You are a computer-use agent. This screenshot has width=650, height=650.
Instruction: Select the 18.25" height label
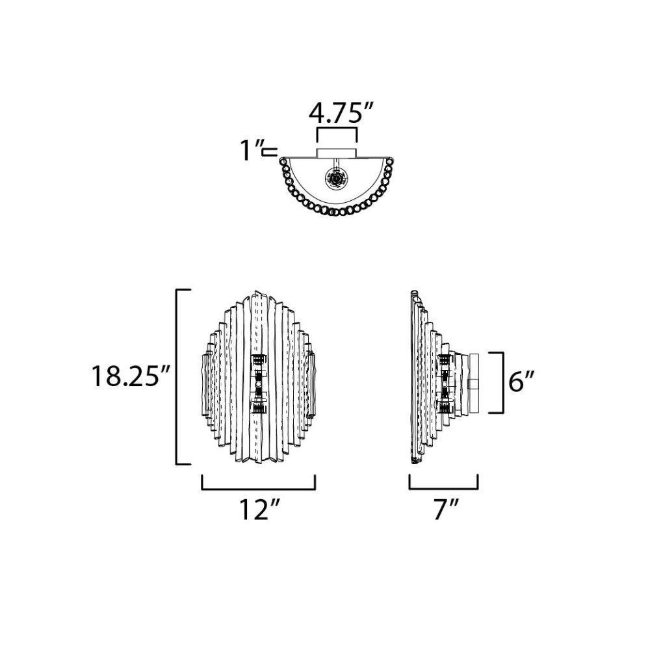point(130,376)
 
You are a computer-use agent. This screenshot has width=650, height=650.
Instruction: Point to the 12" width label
point(259,509)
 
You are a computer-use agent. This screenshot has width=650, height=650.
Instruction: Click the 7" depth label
point(446,509)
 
